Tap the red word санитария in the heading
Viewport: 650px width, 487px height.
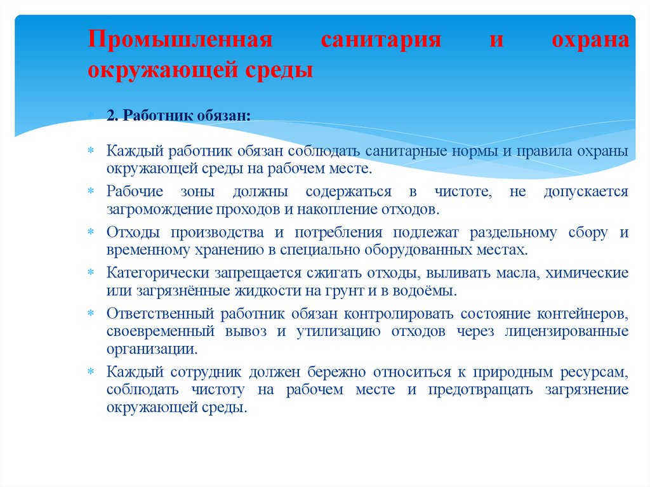click(380, 41)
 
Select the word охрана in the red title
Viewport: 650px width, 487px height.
click(590, 41)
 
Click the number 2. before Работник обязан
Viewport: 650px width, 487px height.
click(113, 116)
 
